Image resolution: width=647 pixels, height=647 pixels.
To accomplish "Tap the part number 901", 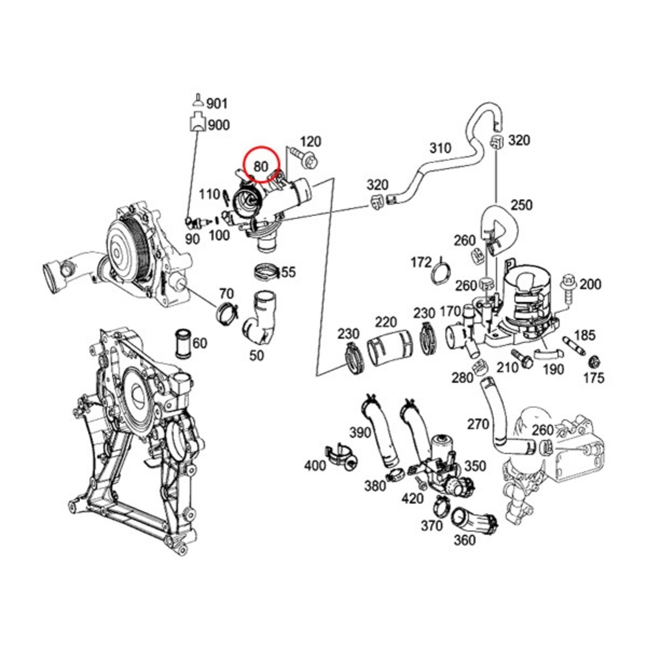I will coord(217,104).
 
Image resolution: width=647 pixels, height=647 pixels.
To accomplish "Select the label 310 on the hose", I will coord(440,148).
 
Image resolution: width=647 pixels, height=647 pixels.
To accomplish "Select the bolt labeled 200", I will coord(568,289).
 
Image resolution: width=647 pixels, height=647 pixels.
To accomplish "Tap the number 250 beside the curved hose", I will coord(521,205).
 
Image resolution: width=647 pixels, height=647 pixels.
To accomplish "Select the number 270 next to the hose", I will coord(478,424).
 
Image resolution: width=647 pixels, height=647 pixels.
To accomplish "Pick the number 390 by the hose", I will coord(360,432).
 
